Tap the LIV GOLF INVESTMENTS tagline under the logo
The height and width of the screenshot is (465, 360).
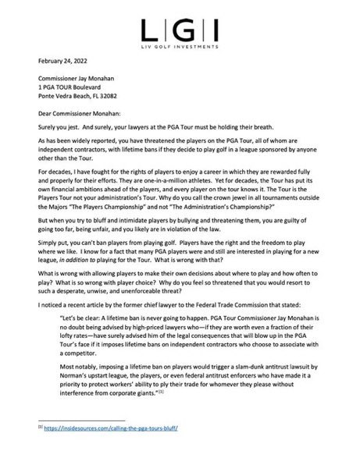click(180, 46)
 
